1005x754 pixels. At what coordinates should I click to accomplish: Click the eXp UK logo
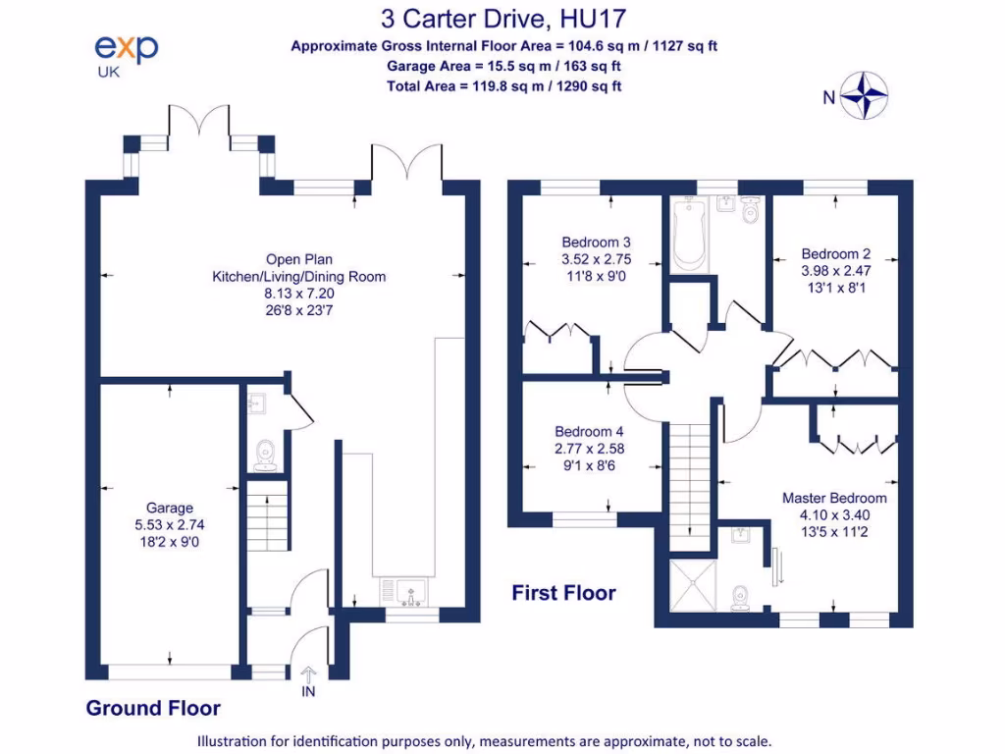[126, 54]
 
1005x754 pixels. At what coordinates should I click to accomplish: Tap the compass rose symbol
[866, 95]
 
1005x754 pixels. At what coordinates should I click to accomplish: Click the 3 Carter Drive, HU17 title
[503, 18]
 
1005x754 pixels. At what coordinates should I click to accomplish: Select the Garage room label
[170, 508]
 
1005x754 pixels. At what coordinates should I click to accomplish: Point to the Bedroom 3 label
[596, 242]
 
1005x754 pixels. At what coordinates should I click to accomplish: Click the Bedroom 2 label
[835, 252]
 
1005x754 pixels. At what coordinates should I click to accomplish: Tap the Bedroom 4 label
[589, 431]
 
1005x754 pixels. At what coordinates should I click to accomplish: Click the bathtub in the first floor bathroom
[690, 232]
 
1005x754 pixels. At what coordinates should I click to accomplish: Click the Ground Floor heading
[153, 708]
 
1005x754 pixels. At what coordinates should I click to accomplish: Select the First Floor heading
[563, 592]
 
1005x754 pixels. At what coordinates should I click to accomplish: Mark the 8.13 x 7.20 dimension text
[299, 294]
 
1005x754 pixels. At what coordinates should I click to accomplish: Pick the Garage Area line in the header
[503, 66]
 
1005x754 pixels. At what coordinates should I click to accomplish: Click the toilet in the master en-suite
[743, 596]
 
